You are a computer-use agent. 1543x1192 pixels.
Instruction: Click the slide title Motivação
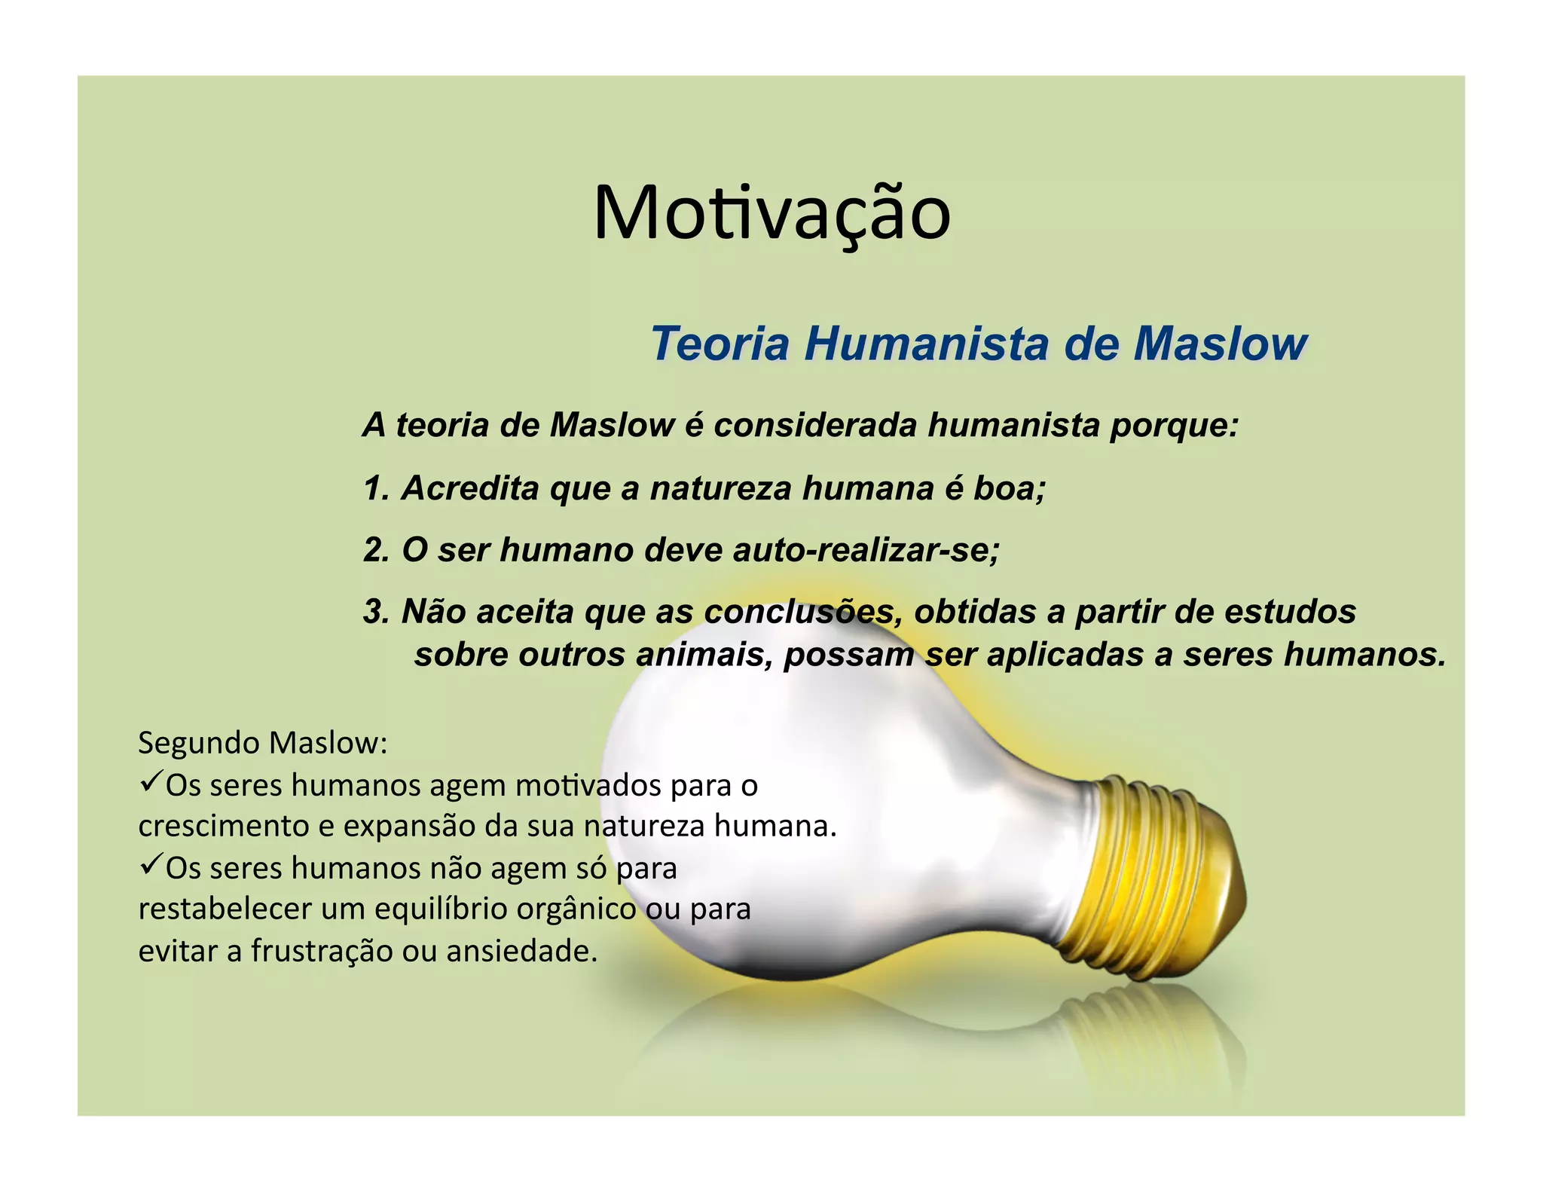(771, 213)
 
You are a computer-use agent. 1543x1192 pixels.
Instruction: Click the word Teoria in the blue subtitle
(720, 344)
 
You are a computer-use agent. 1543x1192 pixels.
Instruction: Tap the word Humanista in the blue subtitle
(926, 344)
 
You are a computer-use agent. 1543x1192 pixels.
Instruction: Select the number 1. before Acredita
(376, 488)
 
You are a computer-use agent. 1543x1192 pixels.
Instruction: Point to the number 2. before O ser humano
(376, 550)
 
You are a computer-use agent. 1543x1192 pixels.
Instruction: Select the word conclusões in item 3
(803, 612)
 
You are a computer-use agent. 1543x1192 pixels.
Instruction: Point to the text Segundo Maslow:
(263, 743)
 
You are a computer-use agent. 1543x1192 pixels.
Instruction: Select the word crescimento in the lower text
(224, 827)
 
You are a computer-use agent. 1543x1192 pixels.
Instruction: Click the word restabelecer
(224, 909)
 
